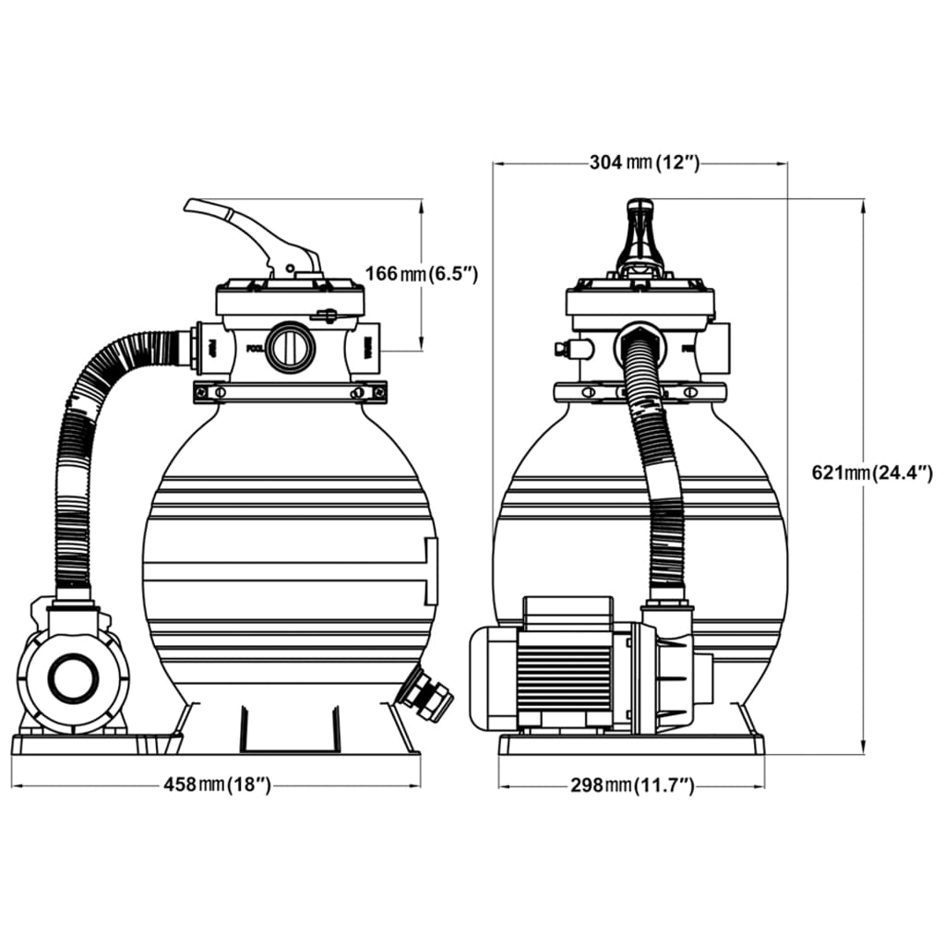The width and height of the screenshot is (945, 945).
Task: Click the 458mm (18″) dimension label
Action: pyautogui.click(x=217, y=784)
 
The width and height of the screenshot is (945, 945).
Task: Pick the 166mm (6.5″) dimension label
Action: pyautogui.click(x=421, y=274)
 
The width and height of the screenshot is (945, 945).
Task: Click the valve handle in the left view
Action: pyautogui.click(x=249, y=231)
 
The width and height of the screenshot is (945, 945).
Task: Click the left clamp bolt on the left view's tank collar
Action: pyautogui.click(x=219, y=393)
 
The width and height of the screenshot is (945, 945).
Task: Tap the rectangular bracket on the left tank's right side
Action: pyautogui.click(x=429, y=570)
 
